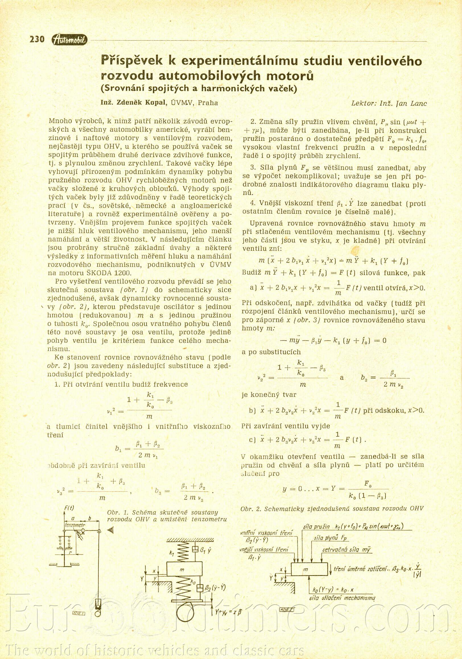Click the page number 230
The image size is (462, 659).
coord(37,39)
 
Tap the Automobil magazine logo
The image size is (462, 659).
coord(69,40)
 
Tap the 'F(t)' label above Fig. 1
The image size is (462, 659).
coord(69,508)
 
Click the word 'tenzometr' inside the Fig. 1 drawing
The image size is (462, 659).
coord(75,525)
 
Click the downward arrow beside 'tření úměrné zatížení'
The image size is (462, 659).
coord(331,569)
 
